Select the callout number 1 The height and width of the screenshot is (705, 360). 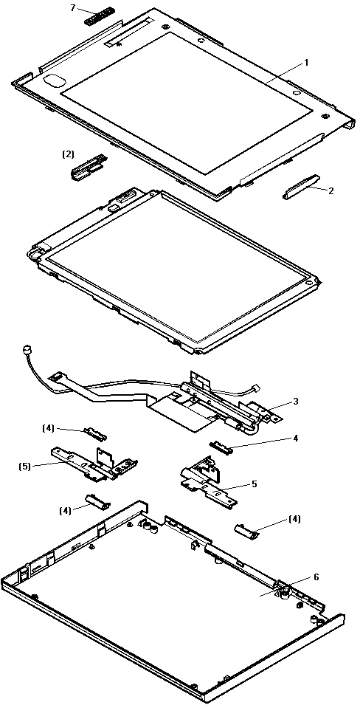(307, 63)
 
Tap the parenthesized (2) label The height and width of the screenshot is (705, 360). (68, 154)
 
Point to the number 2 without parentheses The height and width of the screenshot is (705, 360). (331, 190)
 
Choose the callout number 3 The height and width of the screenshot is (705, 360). (295, 402)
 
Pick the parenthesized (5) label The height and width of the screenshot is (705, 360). (25, 467)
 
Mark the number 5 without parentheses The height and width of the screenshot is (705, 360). (255, 484)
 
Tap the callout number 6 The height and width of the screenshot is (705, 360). (316, 577)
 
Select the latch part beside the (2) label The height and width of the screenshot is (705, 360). (89, 166)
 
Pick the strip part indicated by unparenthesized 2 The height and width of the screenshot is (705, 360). (301, 186)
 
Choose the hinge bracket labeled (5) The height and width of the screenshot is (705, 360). (93, 462)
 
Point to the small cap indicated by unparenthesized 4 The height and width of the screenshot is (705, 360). (221, 447)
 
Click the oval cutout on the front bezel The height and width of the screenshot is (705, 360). (55, 79)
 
